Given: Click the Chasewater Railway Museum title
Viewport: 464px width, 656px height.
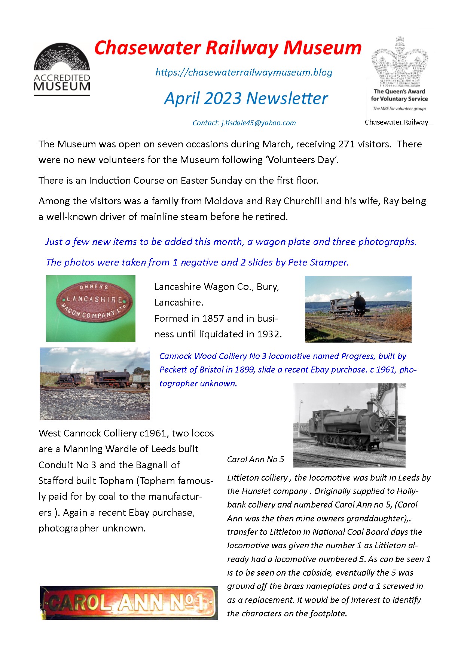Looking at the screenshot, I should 228,48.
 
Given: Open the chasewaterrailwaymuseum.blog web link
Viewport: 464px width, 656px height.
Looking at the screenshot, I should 244,72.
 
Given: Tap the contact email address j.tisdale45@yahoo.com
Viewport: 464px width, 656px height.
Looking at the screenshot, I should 258,123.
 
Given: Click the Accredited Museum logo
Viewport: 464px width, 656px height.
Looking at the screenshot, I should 62,69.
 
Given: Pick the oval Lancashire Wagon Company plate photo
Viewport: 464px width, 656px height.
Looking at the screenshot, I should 91,308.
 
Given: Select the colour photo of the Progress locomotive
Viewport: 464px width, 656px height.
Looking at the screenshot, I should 358,309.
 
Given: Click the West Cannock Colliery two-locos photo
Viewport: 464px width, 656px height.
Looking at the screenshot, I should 95,383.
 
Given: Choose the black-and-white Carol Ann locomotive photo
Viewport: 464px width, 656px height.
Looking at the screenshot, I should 349,425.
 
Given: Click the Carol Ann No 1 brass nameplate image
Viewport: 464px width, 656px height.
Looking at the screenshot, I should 129,603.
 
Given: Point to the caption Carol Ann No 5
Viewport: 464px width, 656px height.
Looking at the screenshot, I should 255,459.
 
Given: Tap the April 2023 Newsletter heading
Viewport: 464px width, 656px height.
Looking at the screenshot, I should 246,98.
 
